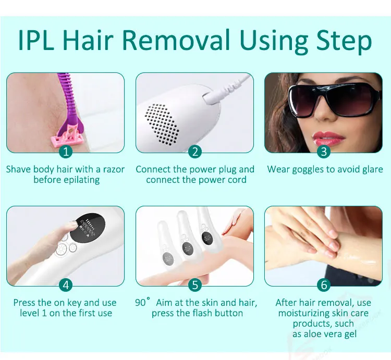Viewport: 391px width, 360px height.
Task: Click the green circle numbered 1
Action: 65,152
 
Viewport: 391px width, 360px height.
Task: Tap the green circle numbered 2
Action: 195,152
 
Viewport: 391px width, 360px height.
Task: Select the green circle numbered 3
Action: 324,152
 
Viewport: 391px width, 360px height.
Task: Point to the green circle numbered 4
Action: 65,285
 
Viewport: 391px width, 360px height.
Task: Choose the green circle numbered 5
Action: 195,285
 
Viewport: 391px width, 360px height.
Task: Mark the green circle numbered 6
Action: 324,285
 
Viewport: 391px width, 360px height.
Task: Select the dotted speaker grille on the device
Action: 161,122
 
